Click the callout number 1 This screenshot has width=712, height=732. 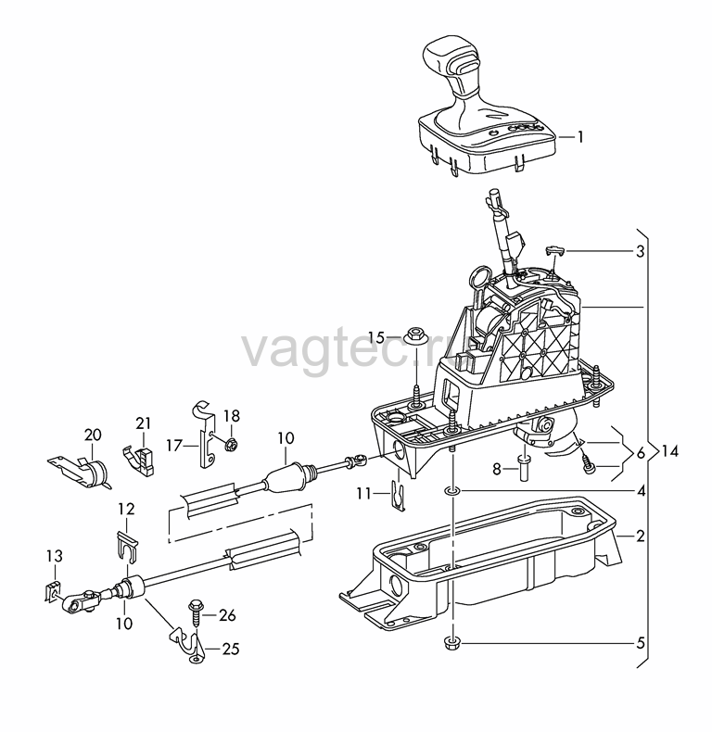[x=580, y=137]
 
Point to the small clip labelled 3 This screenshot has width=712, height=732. [x=554, y=249]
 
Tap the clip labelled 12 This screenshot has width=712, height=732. [x=127, y=546]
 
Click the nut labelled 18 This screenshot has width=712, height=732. [x=230, y=445]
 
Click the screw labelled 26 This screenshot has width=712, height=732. [x=196, y=616]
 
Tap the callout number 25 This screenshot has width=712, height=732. [x=231, y=649]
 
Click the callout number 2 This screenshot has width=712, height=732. [x=640, y=536]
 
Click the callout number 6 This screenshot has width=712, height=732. [x=640, y=453]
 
